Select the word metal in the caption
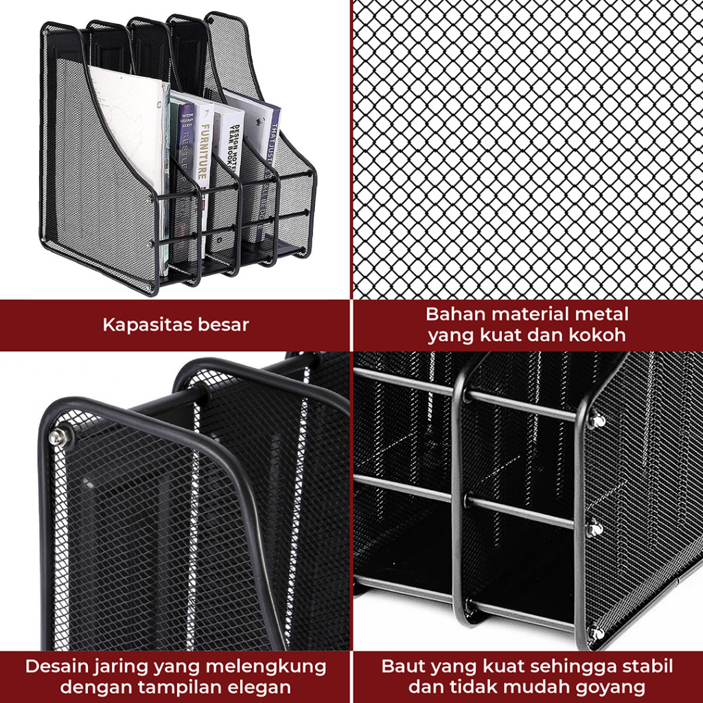click(604, 314)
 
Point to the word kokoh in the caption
click(601, 336)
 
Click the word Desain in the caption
click(52, 666)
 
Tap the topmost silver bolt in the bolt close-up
click(598, 420)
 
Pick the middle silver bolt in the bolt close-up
click(595, 529)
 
